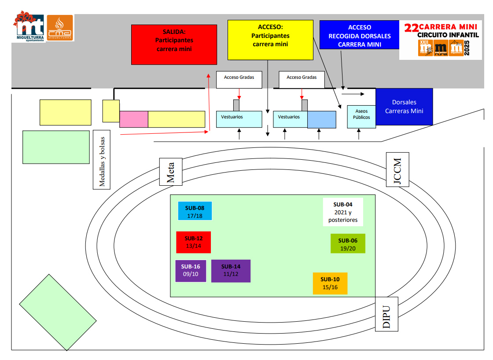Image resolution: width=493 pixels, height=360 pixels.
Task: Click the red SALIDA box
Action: click(174, 44)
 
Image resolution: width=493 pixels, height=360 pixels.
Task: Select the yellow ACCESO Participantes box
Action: click(270, 40)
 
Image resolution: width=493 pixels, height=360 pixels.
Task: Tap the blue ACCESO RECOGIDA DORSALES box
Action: click(359, 35)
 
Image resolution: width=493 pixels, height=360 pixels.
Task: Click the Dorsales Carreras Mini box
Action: click(404, 107)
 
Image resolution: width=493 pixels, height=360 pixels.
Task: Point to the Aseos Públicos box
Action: click(361, 116)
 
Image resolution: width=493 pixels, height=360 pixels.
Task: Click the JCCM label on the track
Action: click(397, 169)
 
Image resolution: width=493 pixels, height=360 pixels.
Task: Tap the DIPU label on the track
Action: click(386, 314)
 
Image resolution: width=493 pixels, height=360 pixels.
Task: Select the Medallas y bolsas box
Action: click(102, 159)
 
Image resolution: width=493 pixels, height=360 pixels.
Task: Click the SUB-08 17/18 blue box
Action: click(195, 211)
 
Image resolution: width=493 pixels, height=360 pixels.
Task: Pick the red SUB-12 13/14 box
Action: click(193, 242)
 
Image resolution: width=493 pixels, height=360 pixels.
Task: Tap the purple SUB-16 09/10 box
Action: click(191, 271)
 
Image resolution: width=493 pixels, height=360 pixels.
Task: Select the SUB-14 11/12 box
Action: click(231, 271)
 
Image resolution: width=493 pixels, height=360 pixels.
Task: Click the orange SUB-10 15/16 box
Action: click(330, 283)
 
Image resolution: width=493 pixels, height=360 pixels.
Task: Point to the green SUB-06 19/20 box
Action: click(348, 243)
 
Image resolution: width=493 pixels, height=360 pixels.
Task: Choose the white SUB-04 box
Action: click(343, 212)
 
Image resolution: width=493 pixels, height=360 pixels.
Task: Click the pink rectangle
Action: click(133, 119)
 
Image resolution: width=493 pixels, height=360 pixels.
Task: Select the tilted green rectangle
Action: click(58, 312)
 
